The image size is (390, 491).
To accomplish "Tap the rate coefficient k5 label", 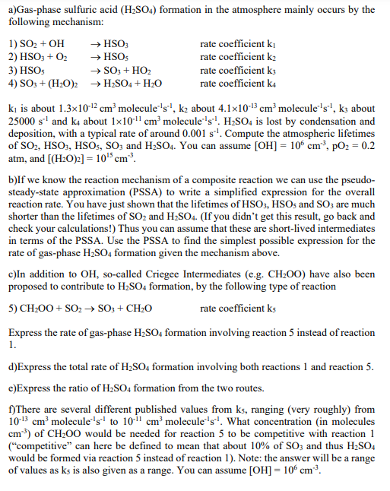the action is (233, 310).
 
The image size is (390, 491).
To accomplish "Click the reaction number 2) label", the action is (13, 57).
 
